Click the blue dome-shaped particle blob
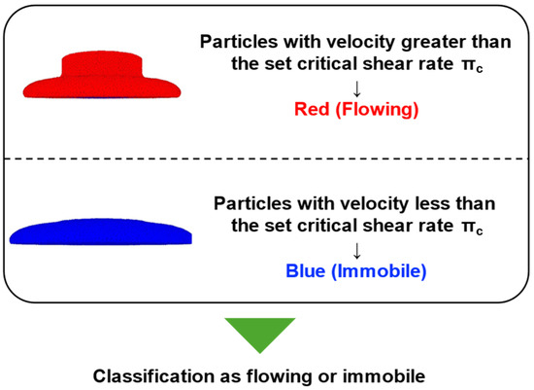[100, 232]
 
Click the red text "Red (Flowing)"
[356, 110]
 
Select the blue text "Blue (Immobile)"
[356, 271]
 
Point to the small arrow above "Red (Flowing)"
[356, 89]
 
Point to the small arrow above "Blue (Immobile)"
[356, 251]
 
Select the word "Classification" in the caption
[153, 376]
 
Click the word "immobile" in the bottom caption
[384, 376]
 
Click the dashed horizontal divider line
[267, 159]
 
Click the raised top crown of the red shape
[102, 64]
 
